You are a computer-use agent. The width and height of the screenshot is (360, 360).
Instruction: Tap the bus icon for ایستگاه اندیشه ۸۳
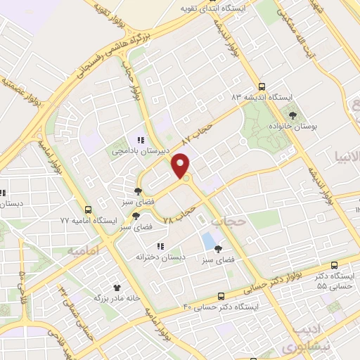(x=262, y=84)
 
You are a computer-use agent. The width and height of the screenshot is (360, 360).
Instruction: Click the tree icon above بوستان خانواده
(x=292, y=115)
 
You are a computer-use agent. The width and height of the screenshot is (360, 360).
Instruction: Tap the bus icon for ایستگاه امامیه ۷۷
(x=89, y=210)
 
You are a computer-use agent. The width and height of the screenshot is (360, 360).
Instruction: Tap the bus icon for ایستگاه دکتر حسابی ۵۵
(x=333, y=266)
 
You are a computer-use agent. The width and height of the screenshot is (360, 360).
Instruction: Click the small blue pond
(x=209, y=240)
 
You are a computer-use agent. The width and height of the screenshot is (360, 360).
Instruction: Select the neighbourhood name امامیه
(x=82, y=250)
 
